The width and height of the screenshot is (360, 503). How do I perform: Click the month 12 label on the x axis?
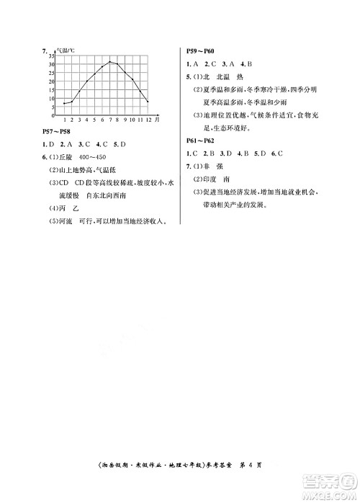coord(148,120)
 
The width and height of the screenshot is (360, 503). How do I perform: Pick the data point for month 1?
coord(64,103)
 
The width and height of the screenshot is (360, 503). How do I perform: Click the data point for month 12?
coord(148,102)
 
